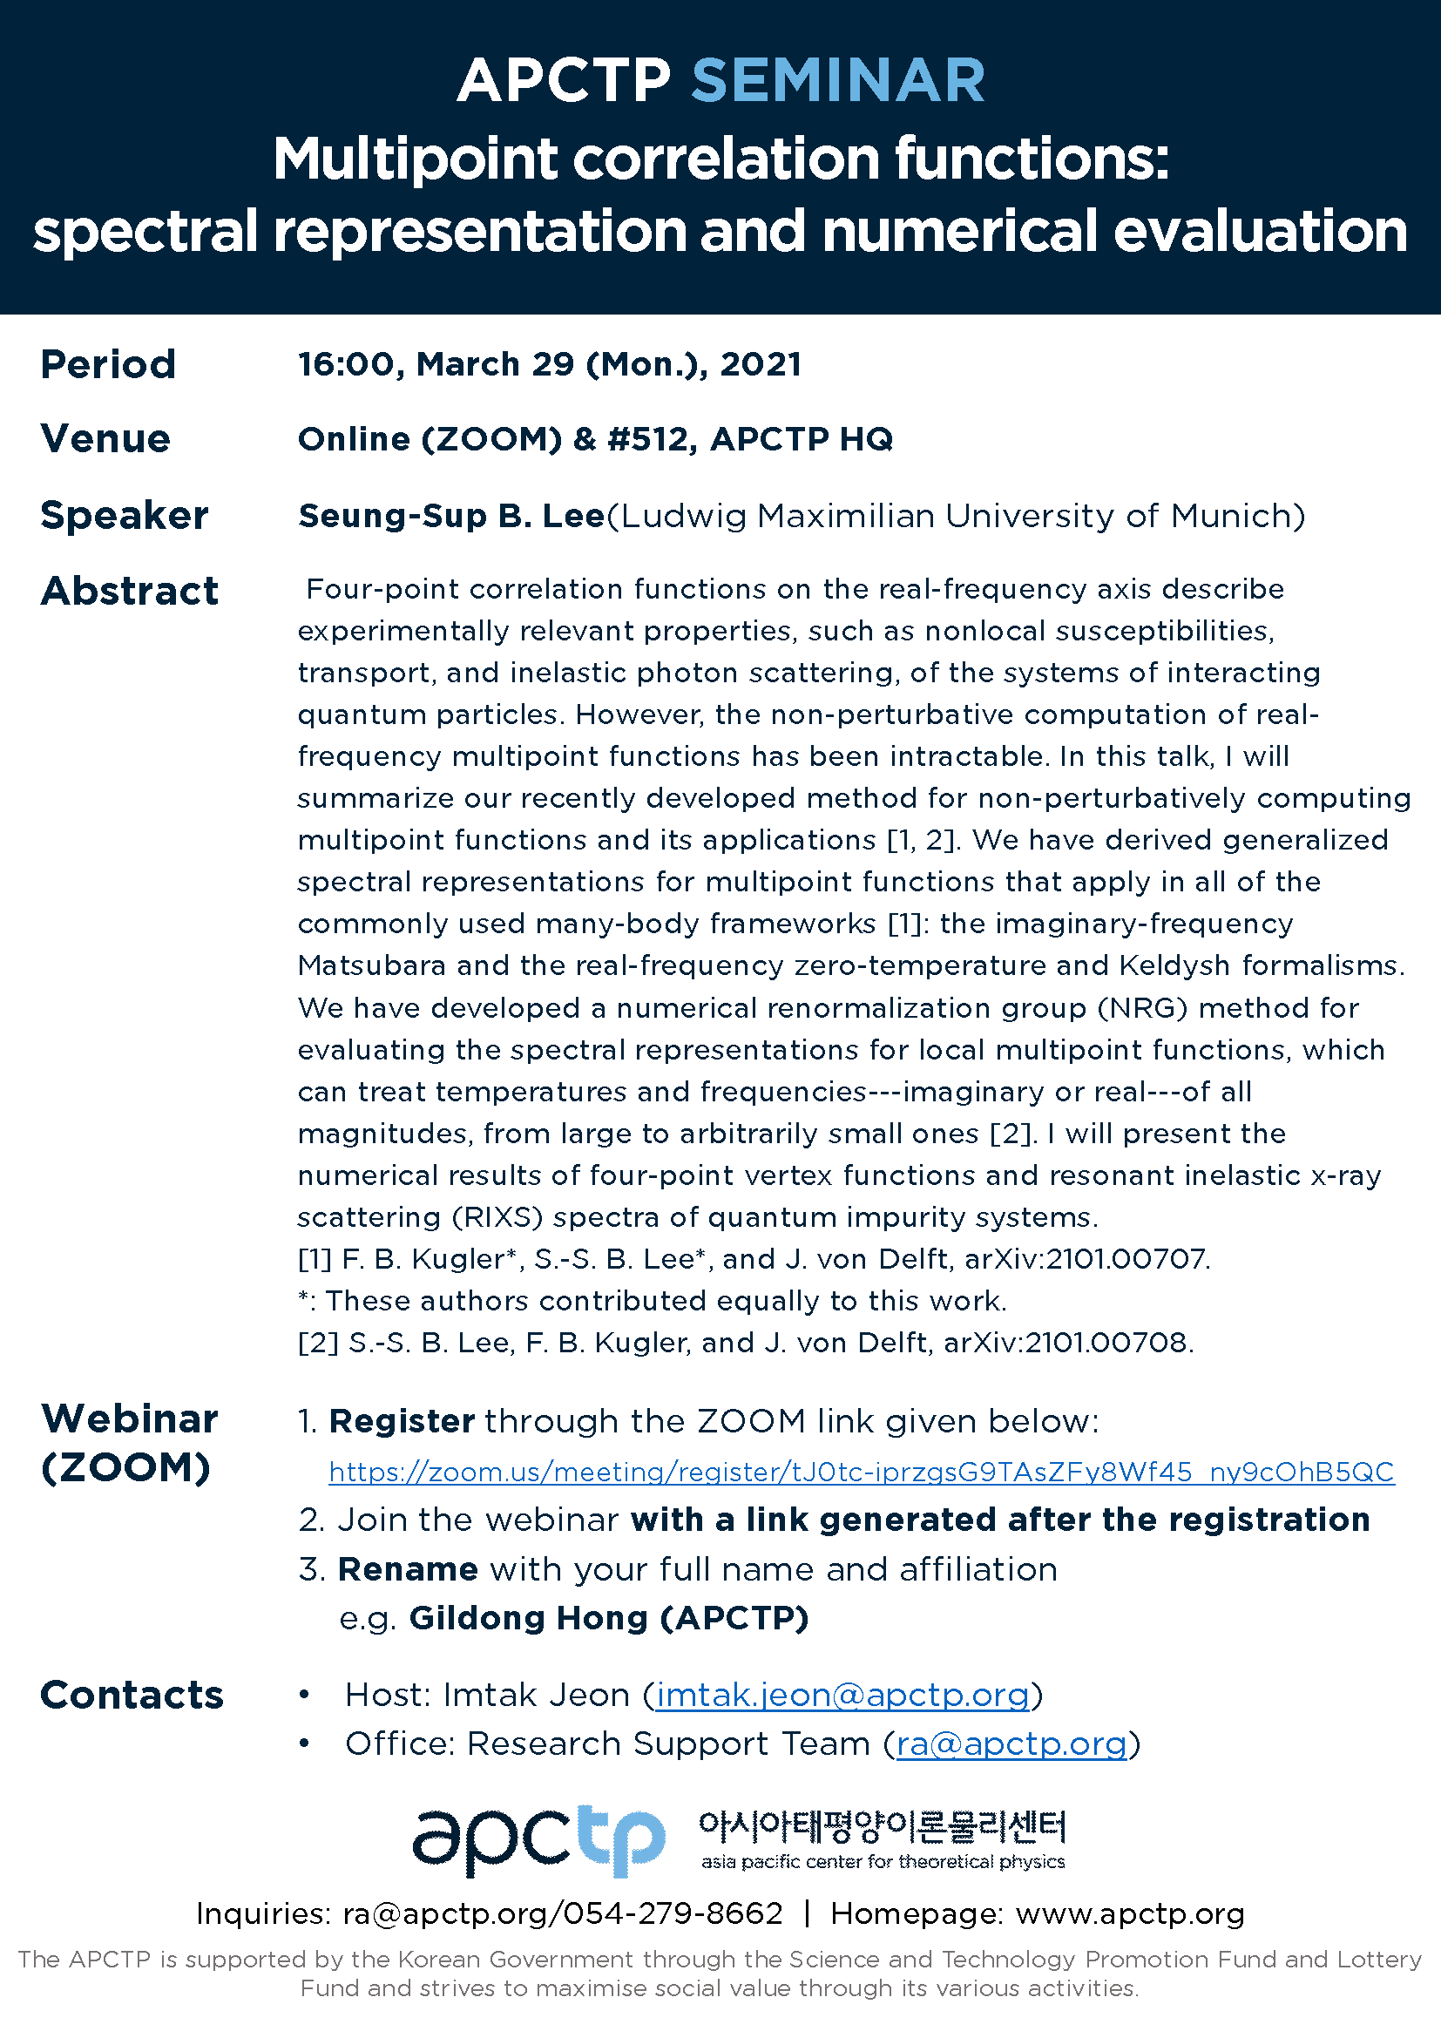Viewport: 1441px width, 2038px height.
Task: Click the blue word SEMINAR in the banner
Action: pos(837,81)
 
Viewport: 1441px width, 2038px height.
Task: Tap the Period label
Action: pos(108,365)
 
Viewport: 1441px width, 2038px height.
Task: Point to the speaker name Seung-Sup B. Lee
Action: pos(450,516)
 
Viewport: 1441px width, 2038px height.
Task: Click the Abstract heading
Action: pos(130,591)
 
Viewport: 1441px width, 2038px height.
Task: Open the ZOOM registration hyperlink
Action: pos(861,1473)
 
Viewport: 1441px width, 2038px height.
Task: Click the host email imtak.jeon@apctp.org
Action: pos(842,1696)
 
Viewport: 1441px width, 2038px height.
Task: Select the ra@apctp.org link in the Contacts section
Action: pos(1011,1744)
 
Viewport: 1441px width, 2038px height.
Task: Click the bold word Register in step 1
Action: pos(401,1422)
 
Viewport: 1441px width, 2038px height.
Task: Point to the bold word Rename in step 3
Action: pos(407,1569)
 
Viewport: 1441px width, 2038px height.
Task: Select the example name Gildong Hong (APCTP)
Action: pos(609,1618)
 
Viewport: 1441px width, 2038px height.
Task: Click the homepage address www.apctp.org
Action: pos(1130,1913)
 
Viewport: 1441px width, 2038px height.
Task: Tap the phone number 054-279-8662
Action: pos(673,1913)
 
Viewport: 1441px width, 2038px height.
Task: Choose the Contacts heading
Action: pos(132,1696)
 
